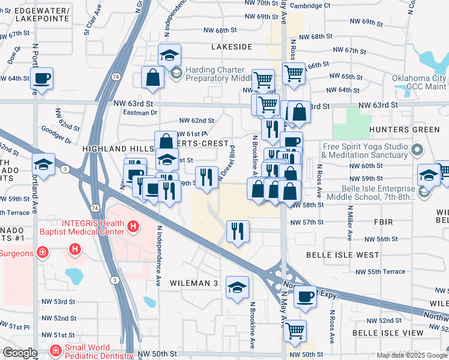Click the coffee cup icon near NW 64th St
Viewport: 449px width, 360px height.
41,77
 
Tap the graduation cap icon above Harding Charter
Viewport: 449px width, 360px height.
170,56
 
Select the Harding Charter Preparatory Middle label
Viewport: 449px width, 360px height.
217,74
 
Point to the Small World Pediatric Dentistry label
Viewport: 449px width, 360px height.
93,351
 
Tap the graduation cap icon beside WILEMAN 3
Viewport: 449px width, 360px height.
237,288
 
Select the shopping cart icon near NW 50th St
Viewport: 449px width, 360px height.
295,331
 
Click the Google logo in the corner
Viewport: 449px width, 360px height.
20,353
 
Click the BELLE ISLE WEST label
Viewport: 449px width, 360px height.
342,255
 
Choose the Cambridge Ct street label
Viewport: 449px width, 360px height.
310,5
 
